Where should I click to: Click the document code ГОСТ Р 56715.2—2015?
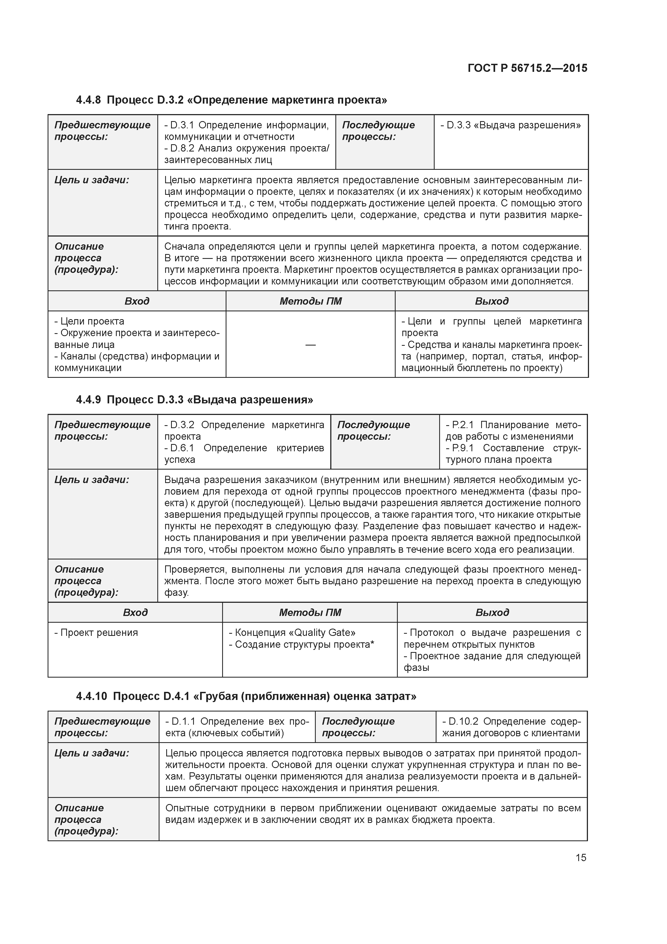tap(527, 68)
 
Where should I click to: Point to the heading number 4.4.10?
tap(91, 696)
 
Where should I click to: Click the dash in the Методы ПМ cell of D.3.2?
tap(310, 344)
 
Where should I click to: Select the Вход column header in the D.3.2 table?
tap(137, 301)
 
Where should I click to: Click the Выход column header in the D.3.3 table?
tap(492, 613)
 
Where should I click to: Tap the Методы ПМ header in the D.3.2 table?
tap(310, 301)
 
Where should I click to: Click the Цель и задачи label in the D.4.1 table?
tap(92, 753)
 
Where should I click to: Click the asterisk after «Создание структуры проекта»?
tap(372, 644)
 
